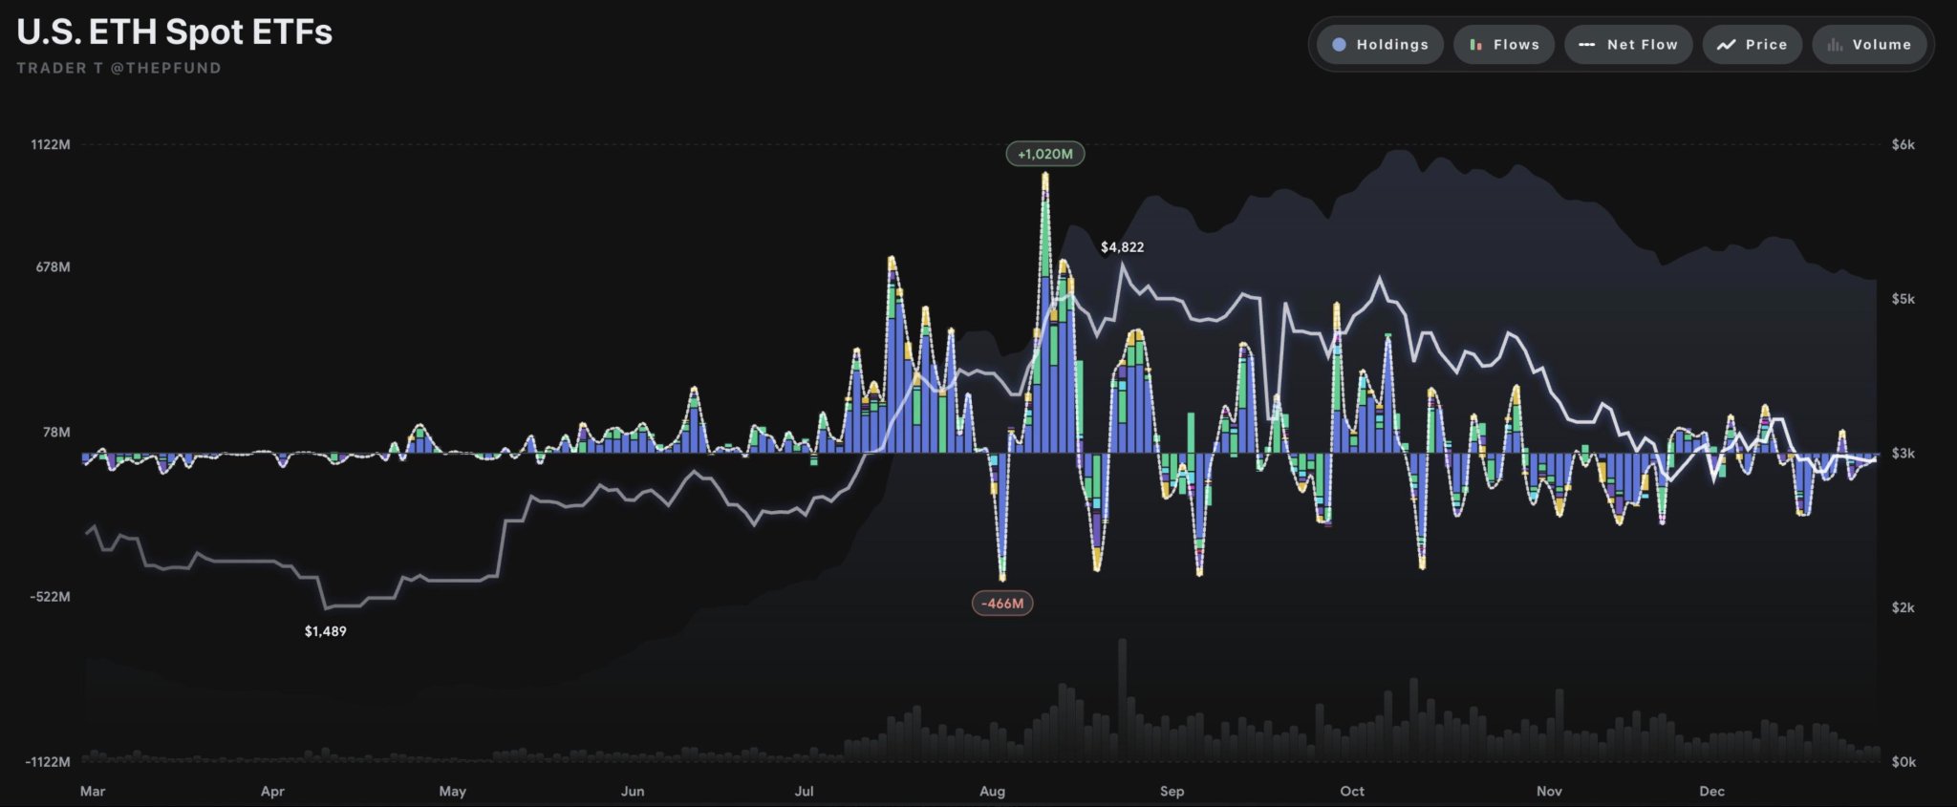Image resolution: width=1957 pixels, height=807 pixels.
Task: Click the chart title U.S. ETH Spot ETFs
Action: (175, 32)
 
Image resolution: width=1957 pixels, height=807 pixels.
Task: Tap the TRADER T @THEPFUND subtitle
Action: (118, 68)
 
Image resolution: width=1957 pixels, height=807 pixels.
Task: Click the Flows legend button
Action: (1504, 45)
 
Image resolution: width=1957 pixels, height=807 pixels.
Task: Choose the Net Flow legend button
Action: (1628, 45)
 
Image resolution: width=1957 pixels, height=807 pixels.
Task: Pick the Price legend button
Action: (1752, 45)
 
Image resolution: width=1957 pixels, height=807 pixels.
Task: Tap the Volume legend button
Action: (1869, 45)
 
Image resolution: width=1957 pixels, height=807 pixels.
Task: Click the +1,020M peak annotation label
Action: (1044, 154)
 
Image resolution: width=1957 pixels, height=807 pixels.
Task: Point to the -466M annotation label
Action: (1002, 604)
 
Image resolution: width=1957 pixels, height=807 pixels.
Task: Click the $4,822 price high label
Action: (1122, 247)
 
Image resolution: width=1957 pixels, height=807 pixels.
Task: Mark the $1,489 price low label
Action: (326, 631)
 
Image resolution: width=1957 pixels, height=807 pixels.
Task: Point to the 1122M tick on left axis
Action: (51, 145)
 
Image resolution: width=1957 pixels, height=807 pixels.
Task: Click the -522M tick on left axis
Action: (50, 597)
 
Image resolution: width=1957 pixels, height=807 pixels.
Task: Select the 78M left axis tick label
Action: (56, 433)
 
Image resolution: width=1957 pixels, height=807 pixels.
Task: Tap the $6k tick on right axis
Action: (1903, 145)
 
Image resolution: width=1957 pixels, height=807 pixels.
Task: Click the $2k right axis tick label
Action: (1903, 607)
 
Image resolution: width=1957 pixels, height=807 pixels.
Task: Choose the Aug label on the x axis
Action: (992, 791)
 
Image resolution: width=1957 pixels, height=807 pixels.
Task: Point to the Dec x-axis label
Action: (1711, 791)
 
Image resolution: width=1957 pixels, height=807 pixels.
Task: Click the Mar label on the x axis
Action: (93, 791)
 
